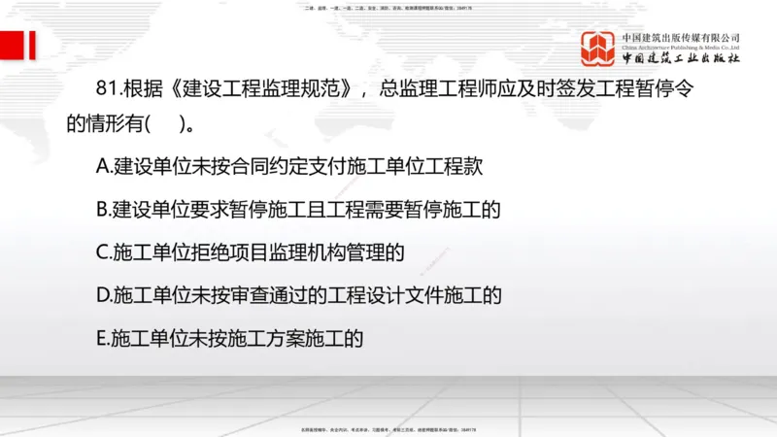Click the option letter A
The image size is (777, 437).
[104, 166]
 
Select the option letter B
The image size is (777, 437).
[104, 209]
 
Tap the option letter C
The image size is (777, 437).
[104, 252]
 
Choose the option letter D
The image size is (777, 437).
[104, 295]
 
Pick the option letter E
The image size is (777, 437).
[103, 339]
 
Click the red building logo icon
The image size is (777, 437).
[599, 49]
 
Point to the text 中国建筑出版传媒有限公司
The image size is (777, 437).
[681, 37]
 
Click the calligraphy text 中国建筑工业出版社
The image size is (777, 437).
[681, 59]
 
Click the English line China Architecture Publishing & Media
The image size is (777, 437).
[681, 47]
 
